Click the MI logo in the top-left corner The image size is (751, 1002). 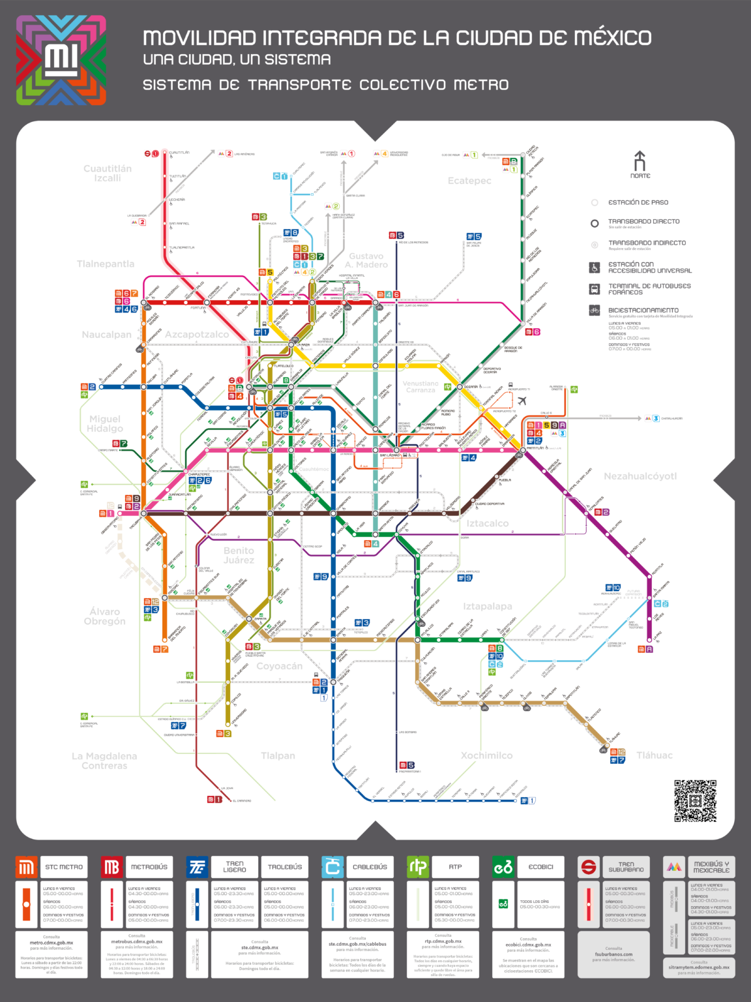61,60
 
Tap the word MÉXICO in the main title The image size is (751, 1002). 612,38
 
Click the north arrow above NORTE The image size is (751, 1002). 640,160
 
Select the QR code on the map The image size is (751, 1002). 695,800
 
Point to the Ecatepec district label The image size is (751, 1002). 469,181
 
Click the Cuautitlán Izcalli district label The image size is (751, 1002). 108,174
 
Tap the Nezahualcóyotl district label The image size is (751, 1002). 640,476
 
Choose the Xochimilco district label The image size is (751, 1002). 486,755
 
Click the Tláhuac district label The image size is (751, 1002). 654,755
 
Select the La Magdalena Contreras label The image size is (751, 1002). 104,761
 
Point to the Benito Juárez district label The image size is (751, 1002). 239,555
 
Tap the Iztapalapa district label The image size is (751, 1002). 487,607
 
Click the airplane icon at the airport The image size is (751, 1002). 522,401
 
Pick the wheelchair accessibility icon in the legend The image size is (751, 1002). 595,267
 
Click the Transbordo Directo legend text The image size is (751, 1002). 643,222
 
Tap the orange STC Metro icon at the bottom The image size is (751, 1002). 27,867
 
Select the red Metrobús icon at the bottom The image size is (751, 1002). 111,867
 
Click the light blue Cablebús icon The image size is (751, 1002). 332,867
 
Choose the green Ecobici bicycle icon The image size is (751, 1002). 503,867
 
